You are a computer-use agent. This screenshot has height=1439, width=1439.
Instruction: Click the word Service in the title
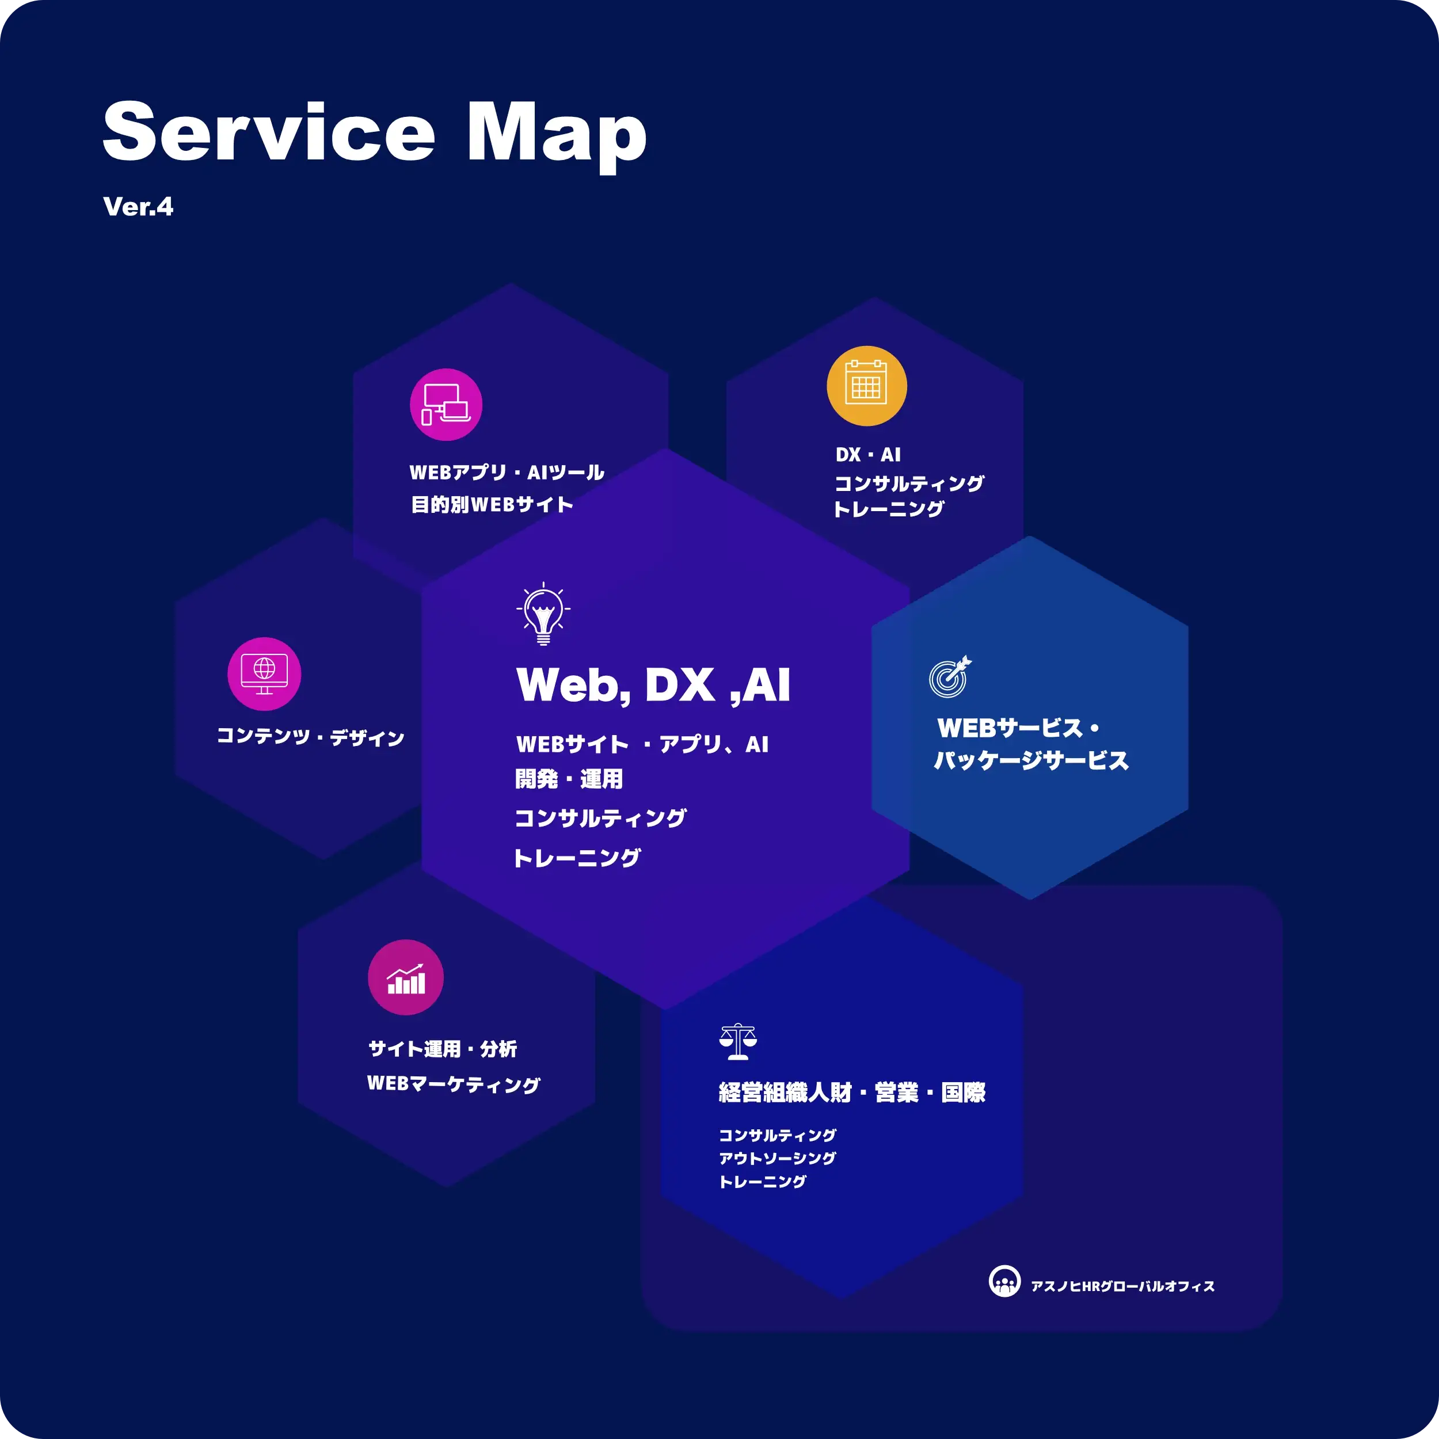point(268,131)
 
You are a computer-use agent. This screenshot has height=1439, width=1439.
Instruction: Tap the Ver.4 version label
point(138,206)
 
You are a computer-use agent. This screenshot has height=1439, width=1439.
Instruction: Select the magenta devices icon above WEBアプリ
point(446,405)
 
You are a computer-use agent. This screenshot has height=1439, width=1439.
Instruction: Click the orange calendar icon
point(866,386)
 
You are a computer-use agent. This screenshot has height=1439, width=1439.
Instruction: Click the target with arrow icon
point(950,676)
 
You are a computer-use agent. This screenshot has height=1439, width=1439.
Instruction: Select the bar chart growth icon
point(405,977)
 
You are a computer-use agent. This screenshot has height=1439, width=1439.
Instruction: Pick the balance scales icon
point(737,1041)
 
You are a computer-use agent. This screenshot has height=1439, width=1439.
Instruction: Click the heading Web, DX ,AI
point(653,684)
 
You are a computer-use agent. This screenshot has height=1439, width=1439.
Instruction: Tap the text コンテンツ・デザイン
point(310,737)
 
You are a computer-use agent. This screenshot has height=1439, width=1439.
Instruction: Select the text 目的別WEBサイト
point(492,504)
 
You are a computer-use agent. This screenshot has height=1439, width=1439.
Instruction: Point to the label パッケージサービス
point(1031,760)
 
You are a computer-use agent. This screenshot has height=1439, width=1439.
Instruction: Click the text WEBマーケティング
point(453,1084)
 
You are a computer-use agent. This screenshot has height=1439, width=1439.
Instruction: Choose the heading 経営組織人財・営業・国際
point(851,1092)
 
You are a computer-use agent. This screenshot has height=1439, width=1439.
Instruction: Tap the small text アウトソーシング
point(777,1158)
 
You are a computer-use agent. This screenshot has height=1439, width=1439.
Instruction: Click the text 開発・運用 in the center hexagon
point(568,779)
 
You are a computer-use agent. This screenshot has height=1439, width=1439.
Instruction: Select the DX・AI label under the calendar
point(868,454)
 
